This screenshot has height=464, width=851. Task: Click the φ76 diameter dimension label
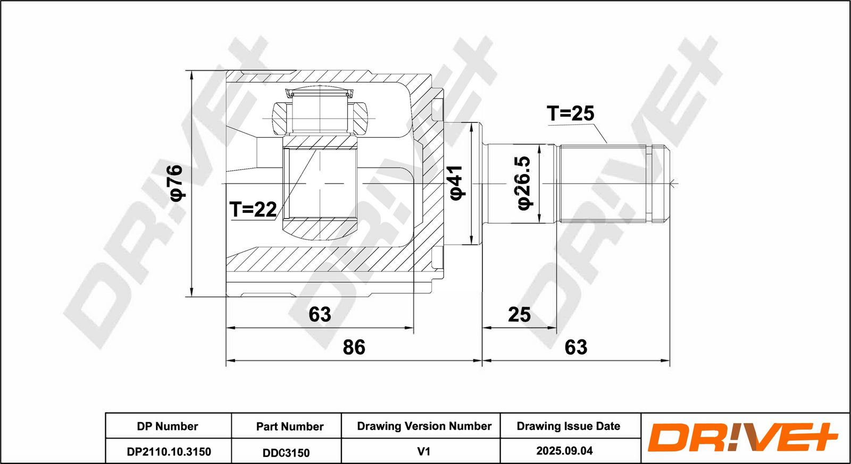click(x=178, y=183)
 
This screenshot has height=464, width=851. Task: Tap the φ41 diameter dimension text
click(x=456, y=183)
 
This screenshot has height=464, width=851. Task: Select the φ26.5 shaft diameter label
click(x=524, y=183)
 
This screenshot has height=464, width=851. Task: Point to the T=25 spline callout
click(x=570, y=113)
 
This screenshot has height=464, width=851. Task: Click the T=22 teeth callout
click(x=253, y=209)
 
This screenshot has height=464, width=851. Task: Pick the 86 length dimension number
click(x=354, y=347)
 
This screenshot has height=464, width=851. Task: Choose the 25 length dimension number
click(x=519, y=314)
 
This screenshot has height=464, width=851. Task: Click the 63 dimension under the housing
click(x=320, y=314)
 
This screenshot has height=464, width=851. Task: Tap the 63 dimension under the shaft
click(x=576, y=347)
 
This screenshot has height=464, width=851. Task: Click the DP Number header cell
click(x=168, y=426)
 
